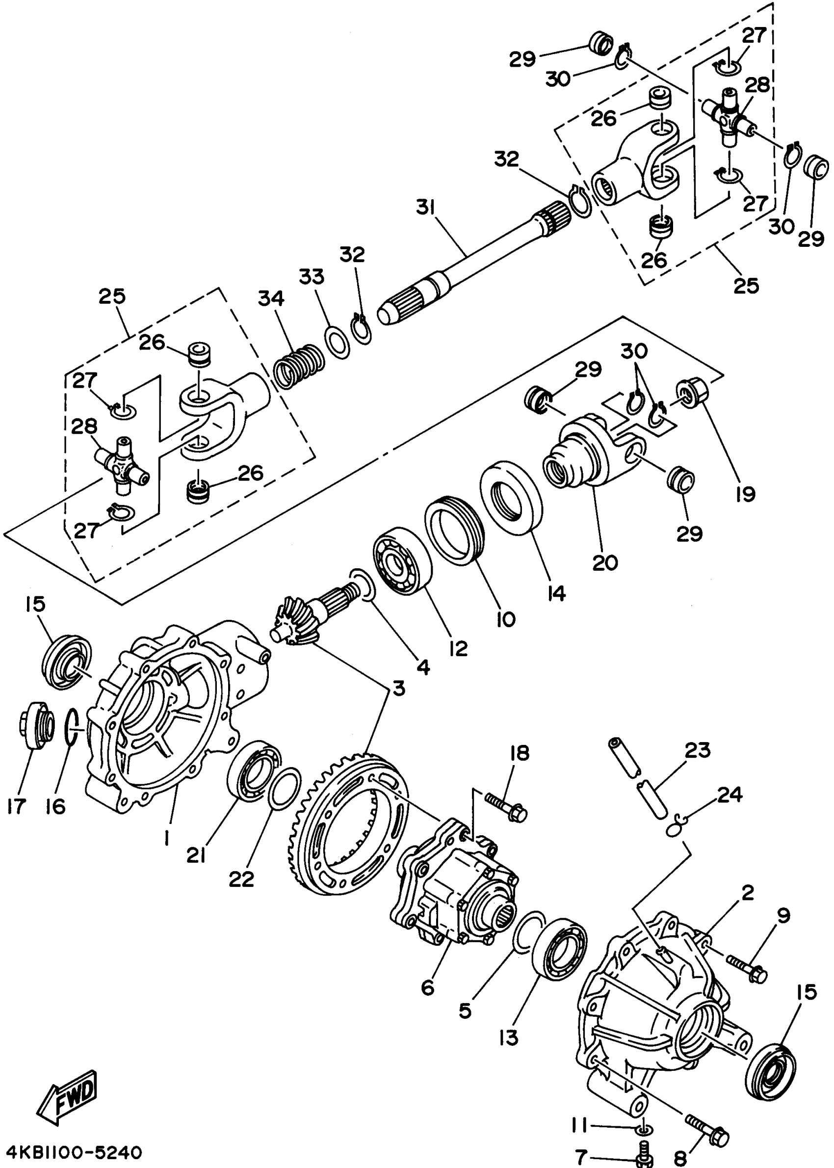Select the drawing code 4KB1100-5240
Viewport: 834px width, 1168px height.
74,1152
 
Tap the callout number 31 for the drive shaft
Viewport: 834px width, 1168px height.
425,209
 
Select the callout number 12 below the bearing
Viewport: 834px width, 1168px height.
458,648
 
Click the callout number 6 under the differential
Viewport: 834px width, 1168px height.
428,987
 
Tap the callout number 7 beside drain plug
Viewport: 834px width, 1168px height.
581,1156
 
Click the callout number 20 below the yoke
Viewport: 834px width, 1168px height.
605,562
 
